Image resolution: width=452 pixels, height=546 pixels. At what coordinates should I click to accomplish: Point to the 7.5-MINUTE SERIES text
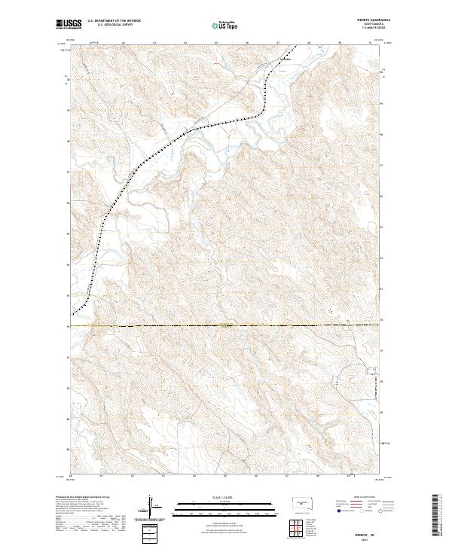pyautogui.click(x=367, y=29)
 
